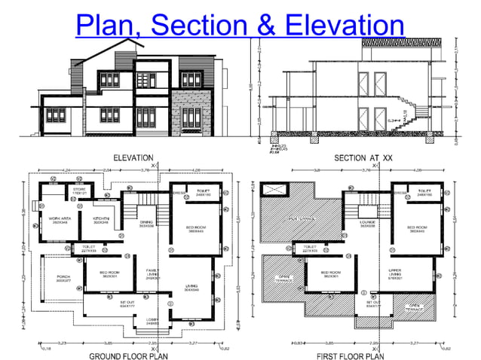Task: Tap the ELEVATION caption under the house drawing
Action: [x=133, y=158]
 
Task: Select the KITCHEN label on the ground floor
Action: [x=101, y=220]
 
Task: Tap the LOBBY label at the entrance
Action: [x=152, y=322]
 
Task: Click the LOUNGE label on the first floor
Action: [x=369, y=223]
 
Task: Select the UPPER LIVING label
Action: [x=415, y=273]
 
